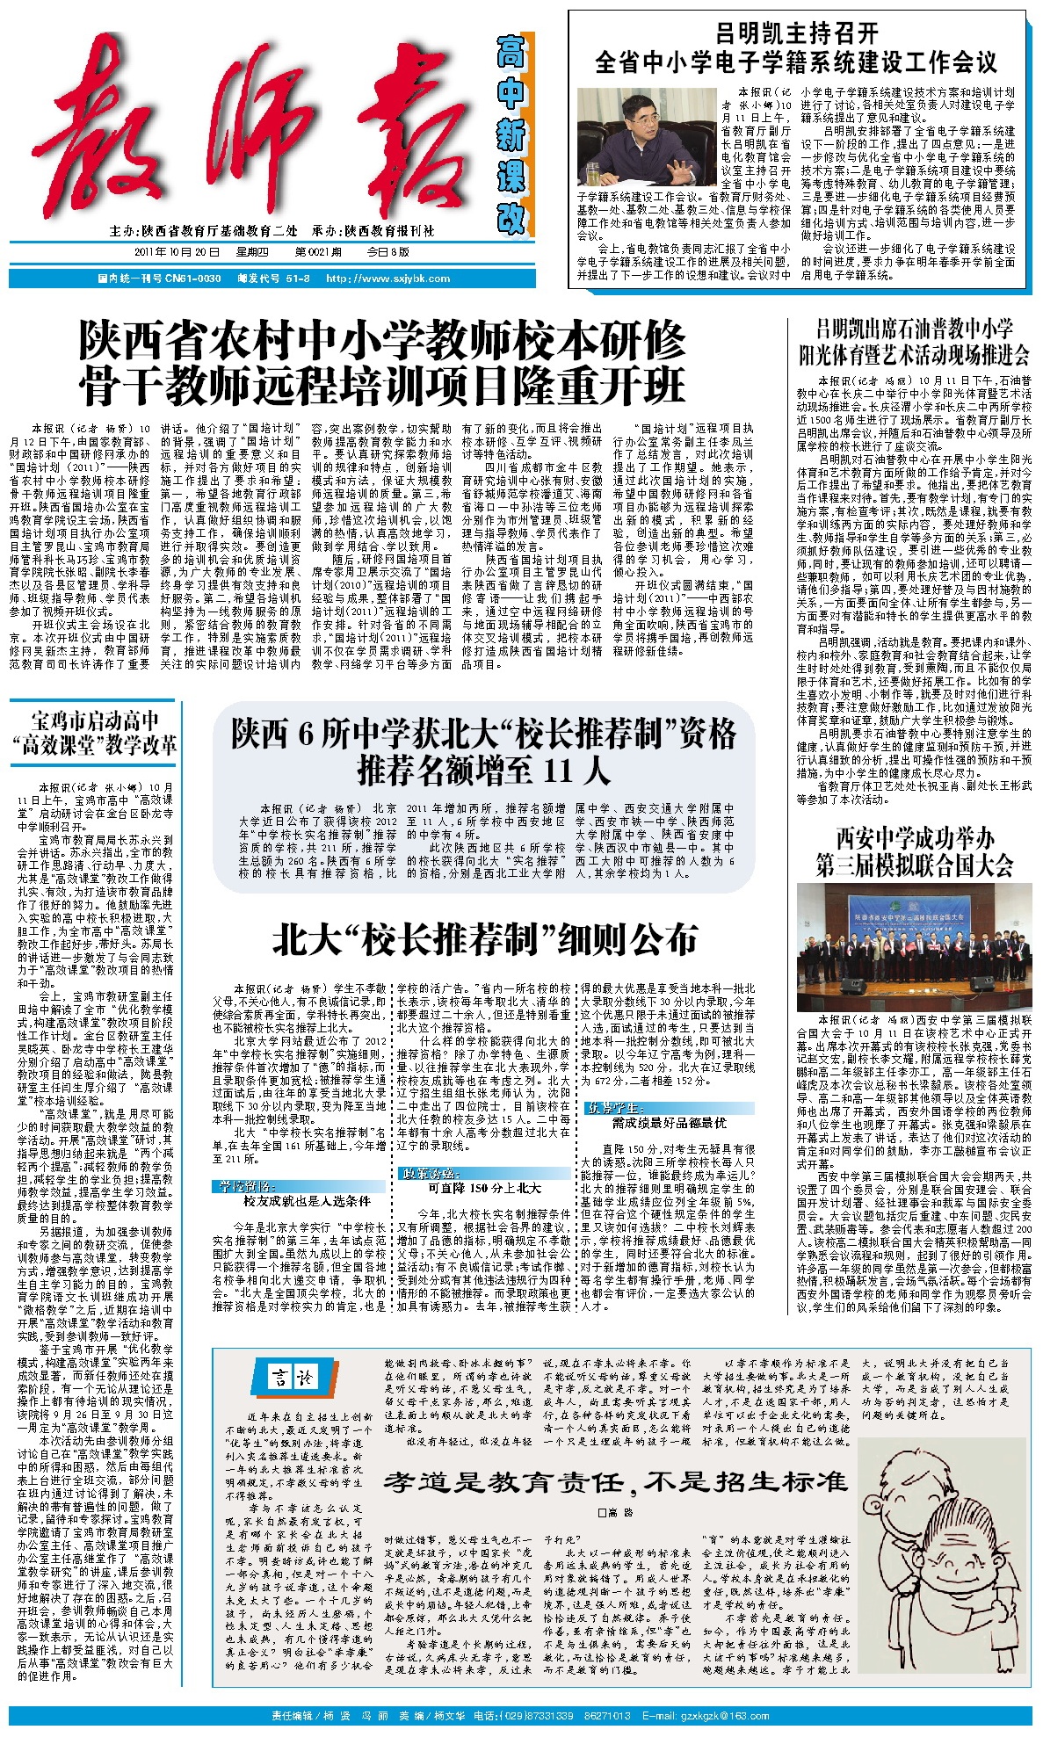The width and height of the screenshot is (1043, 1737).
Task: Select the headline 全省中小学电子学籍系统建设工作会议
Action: coord(796,62)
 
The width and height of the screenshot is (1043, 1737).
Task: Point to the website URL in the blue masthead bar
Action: coord(388,279)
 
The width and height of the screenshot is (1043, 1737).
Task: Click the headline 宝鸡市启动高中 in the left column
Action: coord(95,721)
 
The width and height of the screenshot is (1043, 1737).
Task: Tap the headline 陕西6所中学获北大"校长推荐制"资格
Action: coord(483,734)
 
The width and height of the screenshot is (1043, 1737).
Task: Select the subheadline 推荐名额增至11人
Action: coord(483,771)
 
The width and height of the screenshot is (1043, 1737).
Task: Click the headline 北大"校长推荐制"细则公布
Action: coord(485,939)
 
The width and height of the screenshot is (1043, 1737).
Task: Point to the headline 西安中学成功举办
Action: coord(915,837)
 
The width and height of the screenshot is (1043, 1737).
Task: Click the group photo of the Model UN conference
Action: coord(914,946)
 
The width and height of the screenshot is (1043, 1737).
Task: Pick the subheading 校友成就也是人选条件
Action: coord(307,1200)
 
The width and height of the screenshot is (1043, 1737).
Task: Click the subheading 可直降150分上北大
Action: coord(484,1188)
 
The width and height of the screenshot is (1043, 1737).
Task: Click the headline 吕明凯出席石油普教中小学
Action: coord(914,329)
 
